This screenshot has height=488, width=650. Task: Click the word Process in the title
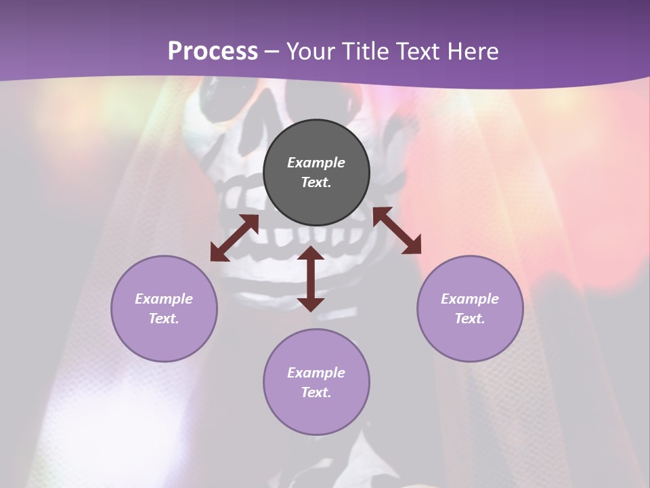[x=213, y=52]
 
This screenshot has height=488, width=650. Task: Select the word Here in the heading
[x=471, y=52]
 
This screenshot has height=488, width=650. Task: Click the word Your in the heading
[x=313, y=52]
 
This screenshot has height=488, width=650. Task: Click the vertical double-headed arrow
[x=311, y=279]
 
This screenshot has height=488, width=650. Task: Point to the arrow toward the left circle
[x=234, y=238]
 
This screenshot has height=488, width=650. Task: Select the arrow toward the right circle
[x=397, y=230]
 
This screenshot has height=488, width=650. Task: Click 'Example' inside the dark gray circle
[x=316, y=163]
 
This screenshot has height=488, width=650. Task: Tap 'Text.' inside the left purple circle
[x=164, y=319]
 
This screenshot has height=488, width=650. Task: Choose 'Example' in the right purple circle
[x=470, y=299]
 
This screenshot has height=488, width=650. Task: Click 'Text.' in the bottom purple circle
[x=316, y=392]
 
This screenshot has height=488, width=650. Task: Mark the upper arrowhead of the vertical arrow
[x=311, y=253]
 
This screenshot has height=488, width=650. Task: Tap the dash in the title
[x=272, y=52]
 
